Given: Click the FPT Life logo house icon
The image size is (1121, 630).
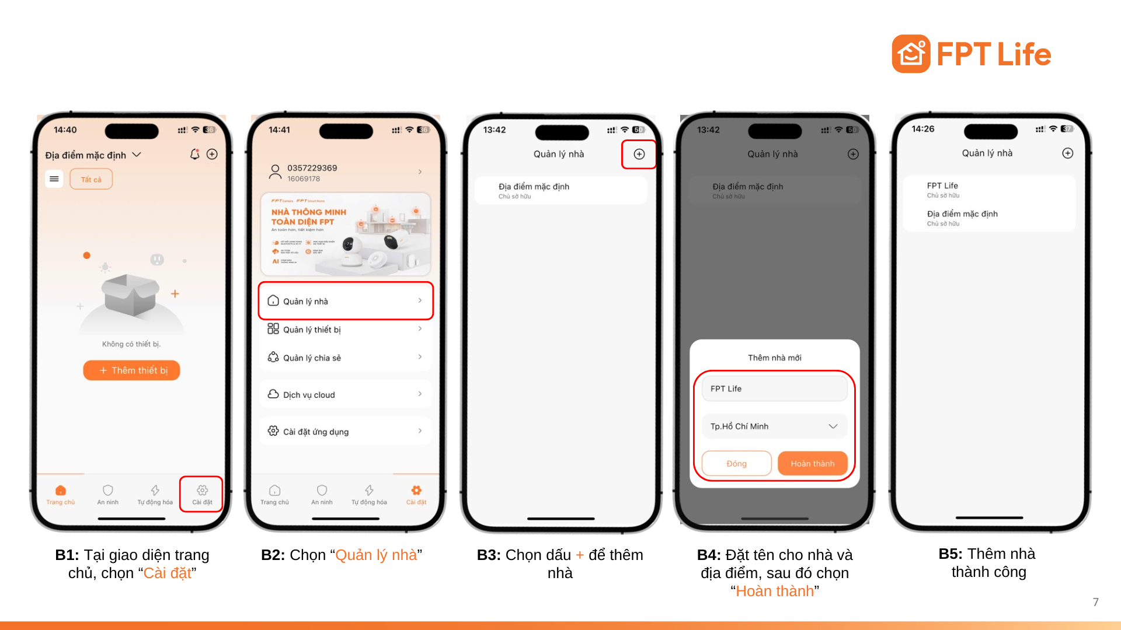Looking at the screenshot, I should [911, 54].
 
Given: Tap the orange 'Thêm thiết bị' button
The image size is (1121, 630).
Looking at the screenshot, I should [131, 370].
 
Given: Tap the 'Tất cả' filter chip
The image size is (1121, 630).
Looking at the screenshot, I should [91, 179].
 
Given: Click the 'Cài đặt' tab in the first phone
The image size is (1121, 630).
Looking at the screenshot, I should [202, 494].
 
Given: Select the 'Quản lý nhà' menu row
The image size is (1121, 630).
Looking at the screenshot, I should [346, 301].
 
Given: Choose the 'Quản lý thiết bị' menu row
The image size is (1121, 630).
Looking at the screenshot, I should [346, 330].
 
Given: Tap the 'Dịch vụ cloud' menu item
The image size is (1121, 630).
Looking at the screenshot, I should [346, 395].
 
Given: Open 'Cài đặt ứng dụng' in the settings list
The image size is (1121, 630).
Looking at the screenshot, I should [346, 432].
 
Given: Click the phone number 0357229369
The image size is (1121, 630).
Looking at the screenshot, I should [312, 168].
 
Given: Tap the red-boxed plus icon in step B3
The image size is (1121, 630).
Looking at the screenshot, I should [639, 154].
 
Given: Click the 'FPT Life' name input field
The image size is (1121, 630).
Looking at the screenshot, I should [774, 388].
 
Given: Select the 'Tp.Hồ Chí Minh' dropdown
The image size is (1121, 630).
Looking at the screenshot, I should [774, 426].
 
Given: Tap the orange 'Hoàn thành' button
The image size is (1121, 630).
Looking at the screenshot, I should [812, 464].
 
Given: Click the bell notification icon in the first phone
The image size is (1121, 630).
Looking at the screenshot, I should [194, 154].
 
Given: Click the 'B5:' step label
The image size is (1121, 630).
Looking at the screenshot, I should [951, 554].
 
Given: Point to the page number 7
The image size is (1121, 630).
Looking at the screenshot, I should [1096, 602].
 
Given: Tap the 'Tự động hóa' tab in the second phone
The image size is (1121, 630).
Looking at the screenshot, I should [369, 494].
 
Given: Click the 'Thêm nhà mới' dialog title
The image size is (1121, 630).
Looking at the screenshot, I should [774, 358].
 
